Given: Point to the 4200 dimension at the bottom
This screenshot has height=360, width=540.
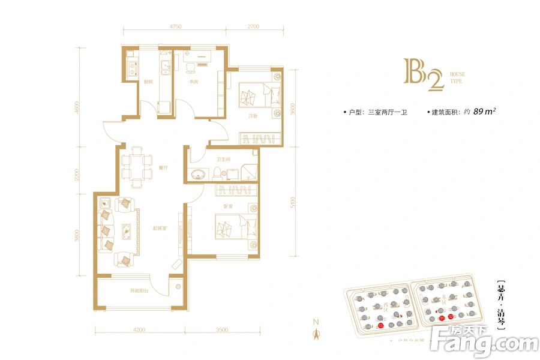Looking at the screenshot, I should [139, 329].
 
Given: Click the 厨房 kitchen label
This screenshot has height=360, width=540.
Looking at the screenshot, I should [148, 82].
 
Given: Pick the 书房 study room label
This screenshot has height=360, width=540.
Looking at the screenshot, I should [194, 82].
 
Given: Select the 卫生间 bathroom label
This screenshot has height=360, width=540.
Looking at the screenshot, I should [224, 160].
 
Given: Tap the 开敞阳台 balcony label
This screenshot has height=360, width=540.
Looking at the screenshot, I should [139, 291].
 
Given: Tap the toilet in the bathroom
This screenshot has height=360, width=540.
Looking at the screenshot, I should [214, 173].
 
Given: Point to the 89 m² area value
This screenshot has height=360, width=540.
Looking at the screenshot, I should [484, 111].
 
